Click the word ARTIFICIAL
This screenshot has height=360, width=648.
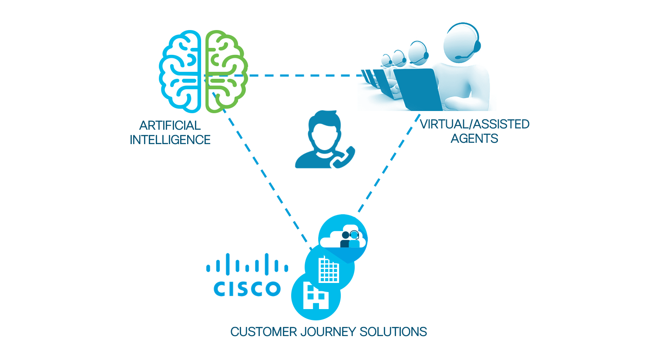pos(170,125)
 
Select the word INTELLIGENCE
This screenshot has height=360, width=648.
pos(170,140)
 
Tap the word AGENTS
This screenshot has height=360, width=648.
pos(474,138)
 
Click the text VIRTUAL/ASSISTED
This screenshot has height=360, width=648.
pos(474,124)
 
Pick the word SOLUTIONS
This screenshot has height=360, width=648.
pos(393,332)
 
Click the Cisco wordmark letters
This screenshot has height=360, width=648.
pos(247,289)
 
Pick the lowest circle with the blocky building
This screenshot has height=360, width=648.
pos(316,296)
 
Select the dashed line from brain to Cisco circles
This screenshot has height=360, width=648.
pos(265,174)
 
